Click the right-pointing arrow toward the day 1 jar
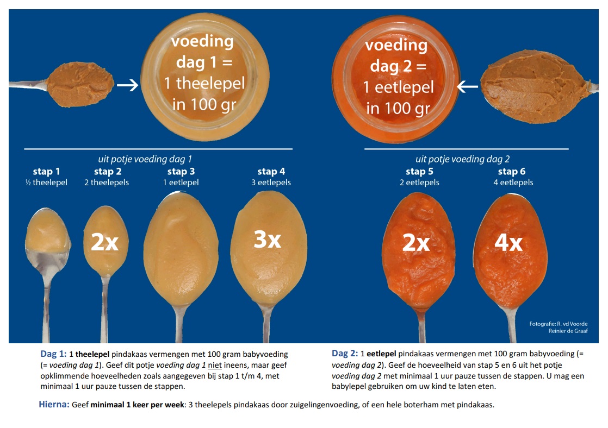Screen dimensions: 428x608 [x=128, y=86]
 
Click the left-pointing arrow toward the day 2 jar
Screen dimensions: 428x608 [x=467, y=86]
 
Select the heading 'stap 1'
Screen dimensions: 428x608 [x=46, y=172]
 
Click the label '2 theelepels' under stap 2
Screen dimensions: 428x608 [x=107, y=182]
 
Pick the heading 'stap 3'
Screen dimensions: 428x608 [x=181, y=172]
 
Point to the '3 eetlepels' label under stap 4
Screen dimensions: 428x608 [x=271, y=182]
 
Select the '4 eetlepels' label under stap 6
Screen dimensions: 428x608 [x=511, y=182]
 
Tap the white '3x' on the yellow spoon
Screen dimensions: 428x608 [x=267, y=240]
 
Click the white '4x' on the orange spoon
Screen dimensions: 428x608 [x=508, y=243]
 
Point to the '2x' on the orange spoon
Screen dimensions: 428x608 [x=415, y=243]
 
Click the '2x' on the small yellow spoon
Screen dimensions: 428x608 [x=105, y=243]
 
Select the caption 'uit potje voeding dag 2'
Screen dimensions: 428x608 [x=462, y=159]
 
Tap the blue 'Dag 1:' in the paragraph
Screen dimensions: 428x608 [x=53, y=354]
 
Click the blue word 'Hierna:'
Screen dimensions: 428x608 [x=54, y=405]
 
